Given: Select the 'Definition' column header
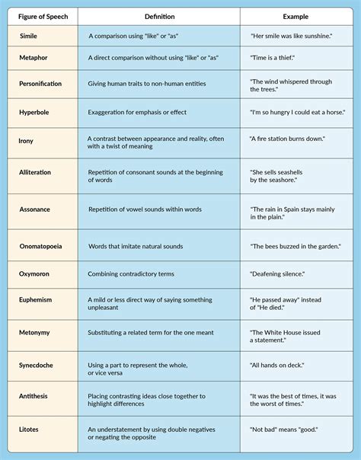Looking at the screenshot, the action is [x=159, y=16].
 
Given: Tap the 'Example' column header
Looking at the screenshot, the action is [x=296, y=16].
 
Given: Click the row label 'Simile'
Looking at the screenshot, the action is [x=27, y=36].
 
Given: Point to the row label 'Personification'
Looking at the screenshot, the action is [x=40, y=84].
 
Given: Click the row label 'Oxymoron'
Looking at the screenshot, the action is [x=35, y=273].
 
